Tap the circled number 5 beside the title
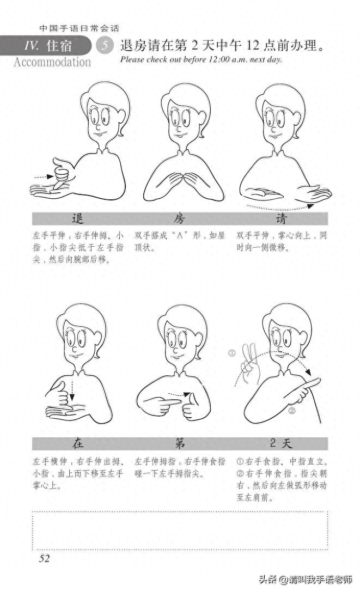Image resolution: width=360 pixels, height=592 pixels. point(103,46)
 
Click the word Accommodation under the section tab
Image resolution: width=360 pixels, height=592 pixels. point(52,62)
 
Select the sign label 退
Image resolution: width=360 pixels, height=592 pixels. point(78,219)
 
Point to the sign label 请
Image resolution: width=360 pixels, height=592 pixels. point(282,219)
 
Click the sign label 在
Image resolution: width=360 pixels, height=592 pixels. point(78,443)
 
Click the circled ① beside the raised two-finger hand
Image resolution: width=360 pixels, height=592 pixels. point(231,353)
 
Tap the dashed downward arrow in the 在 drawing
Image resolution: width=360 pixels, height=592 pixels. point(73,387)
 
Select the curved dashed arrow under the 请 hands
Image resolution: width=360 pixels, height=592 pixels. point(278,206)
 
